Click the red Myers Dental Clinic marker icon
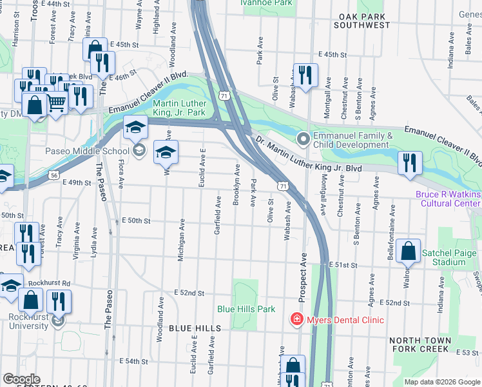click(x=296, y=320)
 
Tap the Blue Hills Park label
click(x=246, y=309)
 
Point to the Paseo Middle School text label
click(x=87, y=152)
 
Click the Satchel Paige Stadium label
click(x=452, y=257)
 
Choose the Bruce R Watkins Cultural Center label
click(x=448, y=199)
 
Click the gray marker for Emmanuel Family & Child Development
click(x=303, y=139)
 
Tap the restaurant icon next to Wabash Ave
click(x=304, y=75)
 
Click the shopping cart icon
click(x=57, y=101)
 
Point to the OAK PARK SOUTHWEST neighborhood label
click(x=362, y=21)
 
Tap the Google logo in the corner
click(x=22, y=379)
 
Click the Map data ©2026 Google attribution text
click(x=441, y=382)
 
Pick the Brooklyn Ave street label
click(x=237, y=185)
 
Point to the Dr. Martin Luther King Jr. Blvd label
click(x=308, y=155)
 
